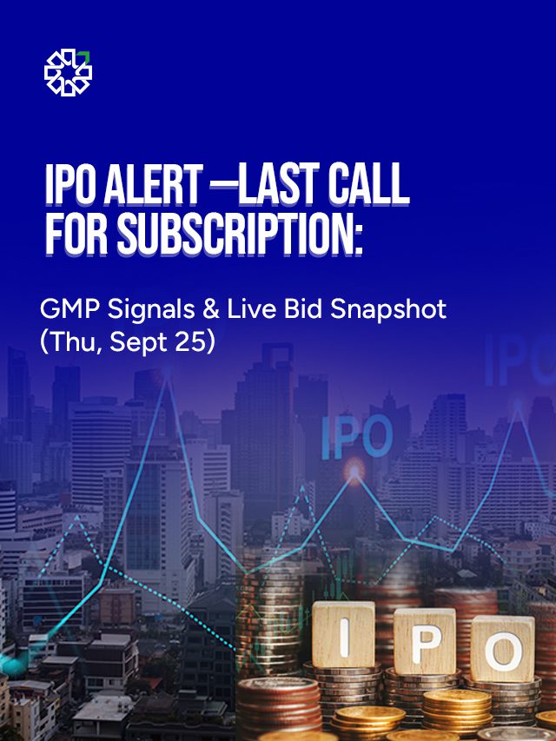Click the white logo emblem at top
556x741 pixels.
[68, 72]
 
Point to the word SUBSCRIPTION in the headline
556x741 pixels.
[241, 235]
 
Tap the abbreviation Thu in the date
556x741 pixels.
[69, 341]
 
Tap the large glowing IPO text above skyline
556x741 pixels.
[356, 437]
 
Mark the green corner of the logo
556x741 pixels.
[85, 57]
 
